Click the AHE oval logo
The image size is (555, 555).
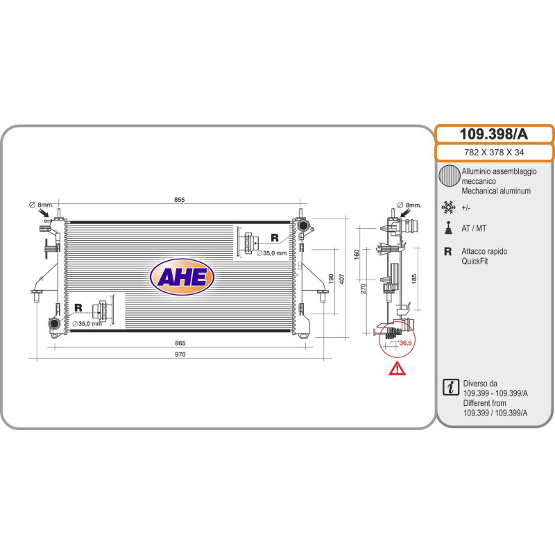pyautogui.click(x=182, y=277)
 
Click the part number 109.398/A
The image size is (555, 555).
pyautogui.click(x=493, y=134)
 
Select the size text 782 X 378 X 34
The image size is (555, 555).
pyautogui.click(x=494, y=152)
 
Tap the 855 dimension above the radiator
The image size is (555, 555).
pyautogui.click(x=180, y=200)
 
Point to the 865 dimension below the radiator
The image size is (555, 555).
pyautogui.click(x=180, y=343)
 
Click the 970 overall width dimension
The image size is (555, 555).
pyautogui.click(x=180, y=355)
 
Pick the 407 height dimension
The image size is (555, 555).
pyautogui.click(x=342, y=279)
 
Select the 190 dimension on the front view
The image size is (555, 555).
pyautogui.click(x=331, y=279)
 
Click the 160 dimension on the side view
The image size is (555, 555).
pyautogui.click(x=357, y=255)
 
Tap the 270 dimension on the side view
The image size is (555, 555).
pyautogui.click(x=363, y=289)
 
